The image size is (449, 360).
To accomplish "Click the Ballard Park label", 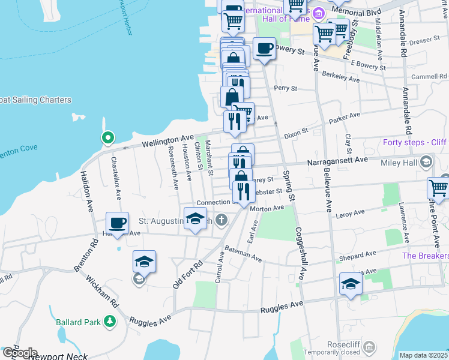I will (77, 322).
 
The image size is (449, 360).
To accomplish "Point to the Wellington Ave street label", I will (168, 141).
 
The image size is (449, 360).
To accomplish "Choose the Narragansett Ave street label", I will (337, 161).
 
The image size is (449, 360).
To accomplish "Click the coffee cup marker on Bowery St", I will (264, 48).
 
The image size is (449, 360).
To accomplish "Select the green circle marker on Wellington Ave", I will (108, 139).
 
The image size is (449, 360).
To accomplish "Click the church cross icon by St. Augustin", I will (221, 220).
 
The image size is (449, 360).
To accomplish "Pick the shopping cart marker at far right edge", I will (439, 188).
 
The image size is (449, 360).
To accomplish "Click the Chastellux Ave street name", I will (116, 179).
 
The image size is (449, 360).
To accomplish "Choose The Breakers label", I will (425, 256).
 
